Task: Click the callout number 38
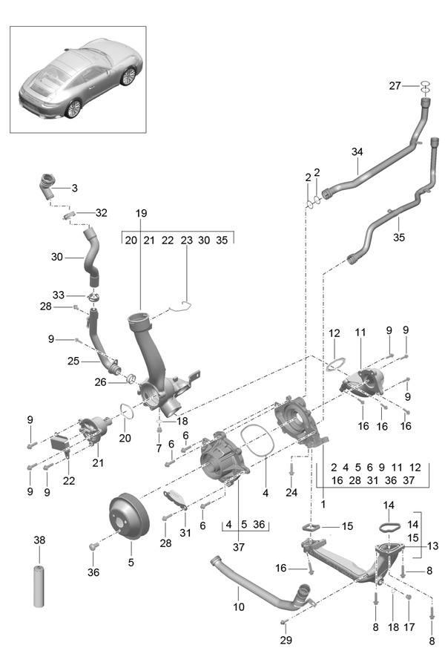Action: [x=39, y=541]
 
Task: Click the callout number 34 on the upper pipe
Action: [x=357, y=152]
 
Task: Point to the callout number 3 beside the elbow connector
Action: [x=74, y=188]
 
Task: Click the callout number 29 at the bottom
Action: [x=286, y=639]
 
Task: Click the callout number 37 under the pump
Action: [x=239, y=547]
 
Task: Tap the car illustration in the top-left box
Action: [x=78, y=79]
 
